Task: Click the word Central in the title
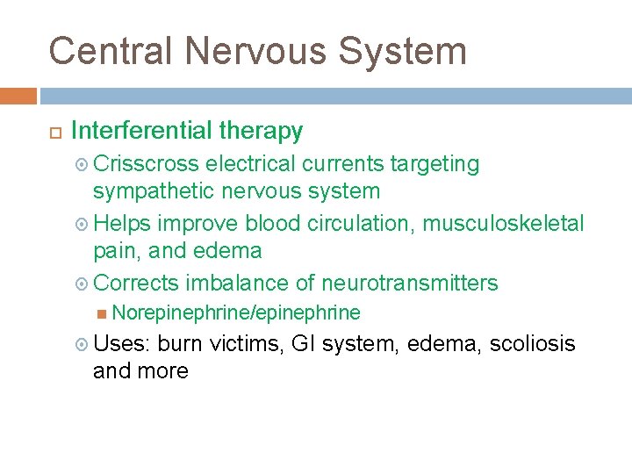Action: [x=110, y=51]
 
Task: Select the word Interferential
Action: [x=140, y=132]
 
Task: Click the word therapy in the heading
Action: [x=260, y=132]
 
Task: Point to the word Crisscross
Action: [x=146, y=164]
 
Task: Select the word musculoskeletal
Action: [x=503, y=224]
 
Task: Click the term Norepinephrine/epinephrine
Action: [x=236, y=312]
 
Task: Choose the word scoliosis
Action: [x=532, y=343]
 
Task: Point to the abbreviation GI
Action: [x=302, y=343]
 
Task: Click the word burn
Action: [x=178, y=343]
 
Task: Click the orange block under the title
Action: [x=18, y=96]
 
